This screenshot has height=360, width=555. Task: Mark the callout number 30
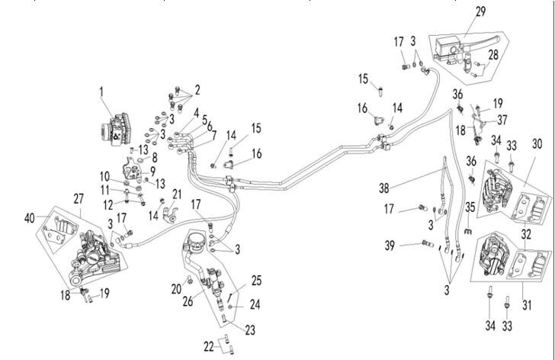tap(538, 142)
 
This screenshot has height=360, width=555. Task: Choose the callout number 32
tap(525, 234)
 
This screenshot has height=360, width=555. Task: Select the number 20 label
tap(177, 288)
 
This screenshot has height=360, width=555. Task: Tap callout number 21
tap(177, 194)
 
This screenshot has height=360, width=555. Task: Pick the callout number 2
tap(197, 89)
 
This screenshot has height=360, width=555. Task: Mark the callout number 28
tap(493, 55)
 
